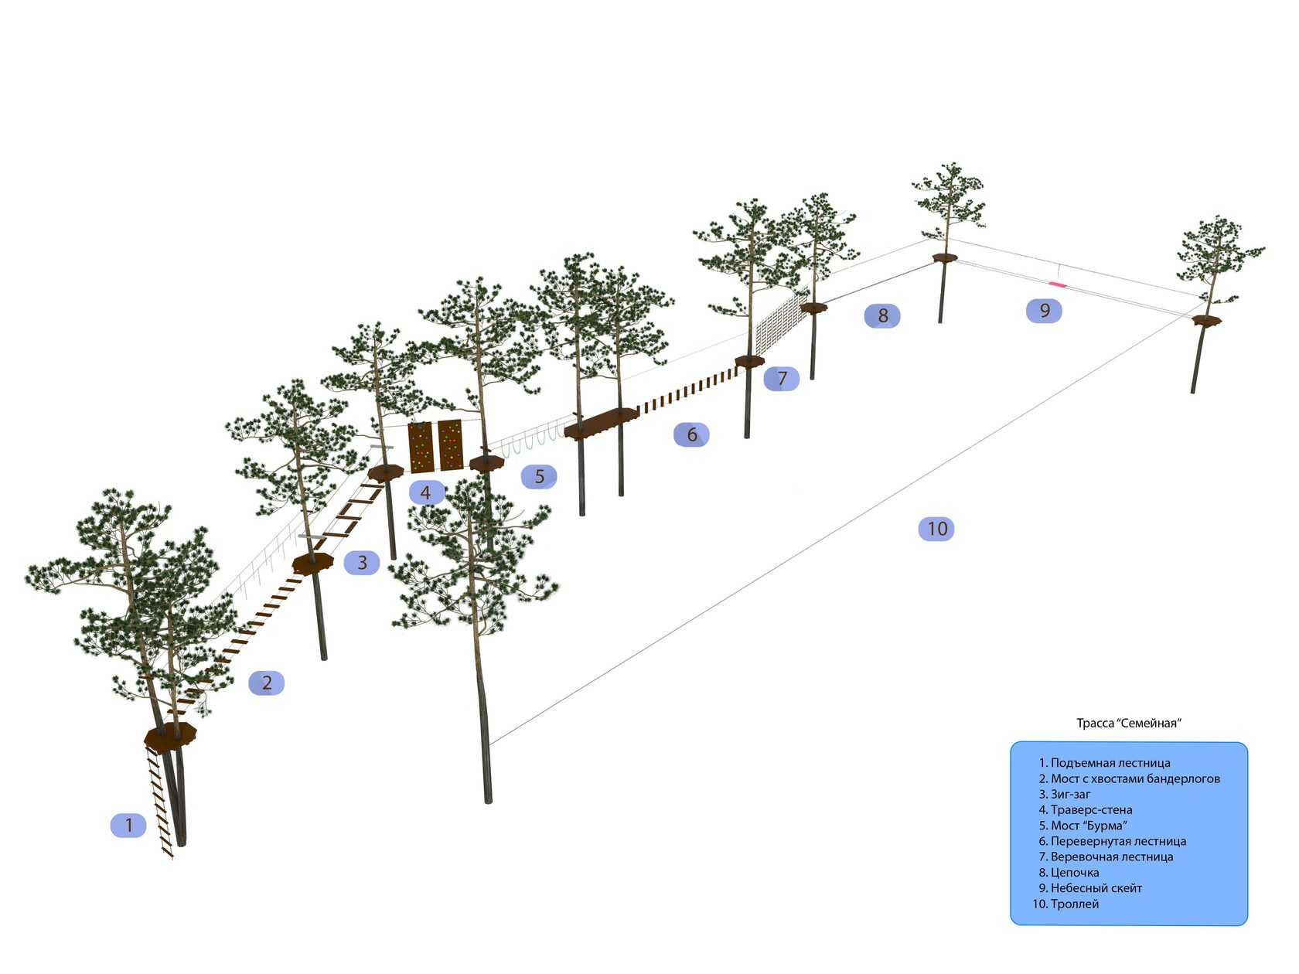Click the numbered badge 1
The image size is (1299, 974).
(x=128, y=826)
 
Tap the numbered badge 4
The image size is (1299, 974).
(x=425, y=492)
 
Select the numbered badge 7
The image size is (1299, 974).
(x=782, y=379)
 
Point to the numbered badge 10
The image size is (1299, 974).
(x=936, y=529)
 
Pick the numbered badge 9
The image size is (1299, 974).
(x=1044, y=311)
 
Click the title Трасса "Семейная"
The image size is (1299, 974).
(x=1129, y=724)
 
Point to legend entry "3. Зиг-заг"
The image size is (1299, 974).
(x=1065, y=794)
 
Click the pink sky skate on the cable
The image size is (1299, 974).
(x=1057, y=285)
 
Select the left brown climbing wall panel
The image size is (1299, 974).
(x=420, y=447)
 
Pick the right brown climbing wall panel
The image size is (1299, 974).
(x=450, y=444)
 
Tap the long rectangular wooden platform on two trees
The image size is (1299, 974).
(x=602, y=423)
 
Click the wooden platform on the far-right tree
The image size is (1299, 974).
(x=1205, y=320)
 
